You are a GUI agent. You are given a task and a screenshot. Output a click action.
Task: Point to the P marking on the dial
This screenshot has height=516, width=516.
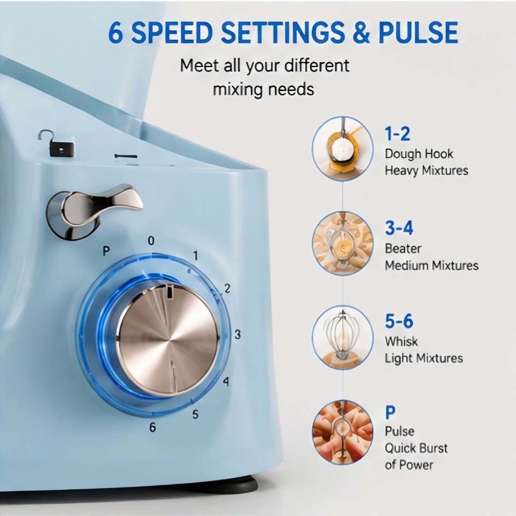106,251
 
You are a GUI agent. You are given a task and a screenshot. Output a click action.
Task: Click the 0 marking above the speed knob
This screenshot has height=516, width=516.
151,241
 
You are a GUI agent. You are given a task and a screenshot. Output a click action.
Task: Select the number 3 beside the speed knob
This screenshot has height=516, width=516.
238,334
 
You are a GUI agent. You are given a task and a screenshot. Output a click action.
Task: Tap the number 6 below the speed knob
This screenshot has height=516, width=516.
152,427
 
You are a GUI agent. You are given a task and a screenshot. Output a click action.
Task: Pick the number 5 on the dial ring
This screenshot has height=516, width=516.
195,414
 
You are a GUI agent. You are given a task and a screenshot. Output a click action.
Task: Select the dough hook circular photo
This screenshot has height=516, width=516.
342,149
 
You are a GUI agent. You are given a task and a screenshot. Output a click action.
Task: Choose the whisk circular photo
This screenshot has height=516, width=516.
342,338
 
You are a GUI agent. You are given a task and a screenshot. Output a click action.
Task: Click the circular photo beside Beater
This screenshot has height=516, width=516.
342,243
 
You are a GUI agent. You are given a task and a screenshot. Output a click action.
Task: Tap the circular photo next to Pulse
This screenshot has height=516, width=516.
342,432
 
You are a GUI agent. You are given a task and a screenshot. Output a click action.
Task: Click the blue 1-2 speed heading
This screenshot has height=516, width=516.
397,134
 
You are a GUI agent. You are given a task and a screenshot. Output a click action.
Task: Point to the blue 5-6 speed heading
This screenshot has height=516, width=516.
399,321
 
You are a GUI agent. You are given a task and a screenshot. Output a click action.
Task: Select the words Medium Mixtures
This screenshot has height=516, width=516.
432,265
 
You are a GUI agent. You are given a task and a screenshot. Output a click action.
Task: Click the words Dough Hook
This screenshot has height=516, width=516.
419,154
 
